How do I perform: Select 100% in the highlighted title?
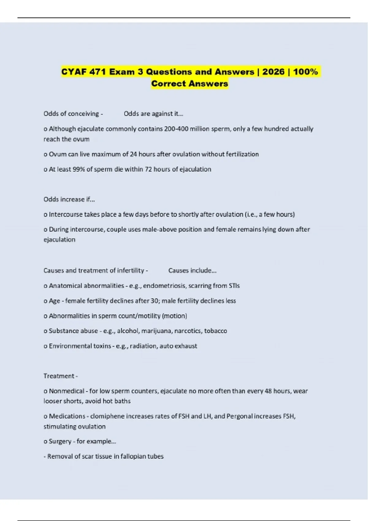click(305, 72)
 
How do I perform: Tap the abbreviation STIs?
click(234, 286)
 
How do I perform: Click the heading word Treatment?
click(59, 376)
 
